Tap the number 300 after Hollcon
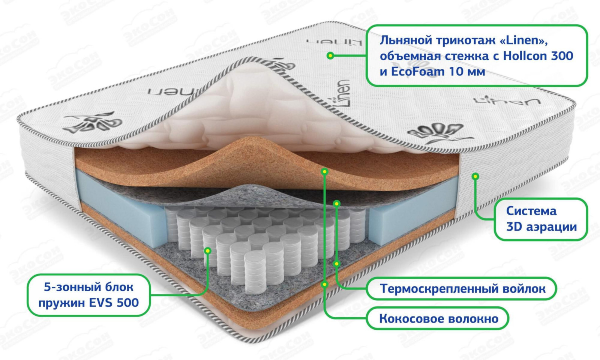562,56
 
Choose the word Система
531,211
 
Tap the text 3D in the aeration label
514,227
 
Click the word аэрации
551,227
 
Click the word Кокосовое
409,319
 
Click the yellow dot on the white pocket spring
207,250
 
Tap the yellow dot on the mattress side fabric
475,176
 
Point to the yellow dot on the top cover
330,55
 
